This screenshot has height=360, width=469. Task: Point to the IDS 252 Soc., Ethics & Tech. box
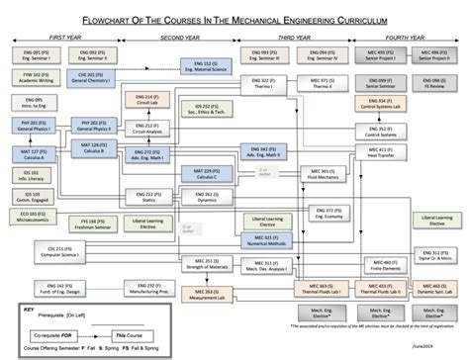pyautogui.click(x=204, y=109)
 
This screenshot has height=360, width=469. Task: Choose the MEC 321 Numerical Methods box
pyautogui.click(x=259, y=240)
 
